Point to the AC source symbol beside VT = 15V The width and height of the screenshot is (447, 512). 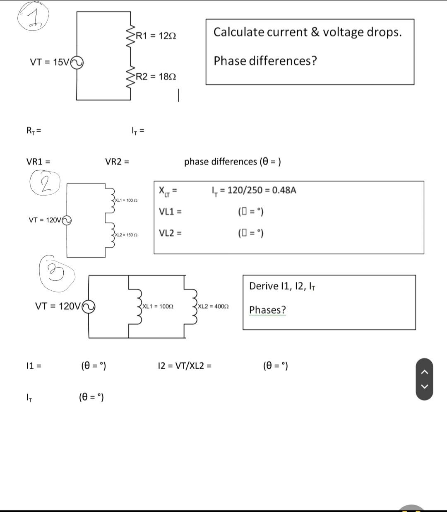tap(77, 63)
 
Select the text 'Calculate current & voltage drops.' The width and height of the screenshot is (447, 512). tap(308, 32)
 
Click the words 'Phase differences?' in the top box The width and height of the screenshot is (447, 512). tap(265, 61)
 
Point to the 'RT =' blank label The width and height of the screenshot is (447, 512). tap(34, 131)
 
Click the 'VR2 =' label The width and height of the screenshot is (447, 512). tap(117, 162)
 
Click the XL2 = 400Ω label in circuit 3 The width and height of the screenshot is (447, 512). tap(214, 307)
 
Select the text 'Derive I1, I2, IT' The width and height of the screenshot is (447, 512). tap(282, 286)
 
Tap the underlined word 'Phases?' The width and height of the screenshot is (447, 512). tap(267, 310)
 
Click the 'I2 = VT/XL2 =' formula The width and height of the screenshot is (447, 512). tap(185, 366)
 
